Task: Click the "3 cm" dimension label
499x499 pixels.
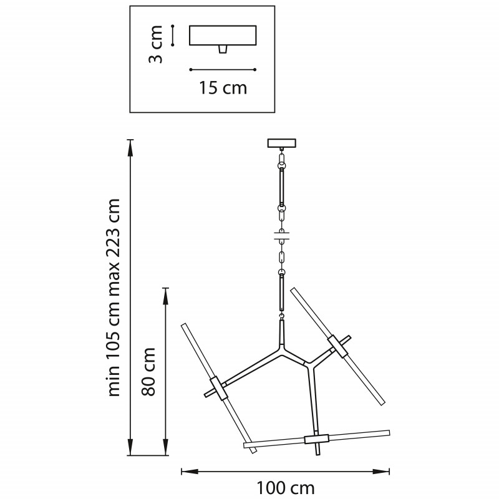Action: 156,44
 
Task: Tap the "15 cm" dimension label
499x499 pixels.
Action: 223,88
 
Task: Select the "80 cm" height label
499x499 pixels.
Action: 148,372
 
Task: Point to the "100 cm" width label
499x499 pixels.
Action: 286,488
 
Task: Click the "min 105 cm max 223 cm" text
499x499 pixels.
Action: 114,298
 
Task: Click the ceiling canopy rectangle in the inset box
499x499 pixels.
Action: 223,36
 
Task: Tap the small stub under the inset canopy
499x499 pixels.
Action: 223,49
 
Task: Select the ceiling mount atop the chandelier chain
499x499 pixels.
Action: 282,143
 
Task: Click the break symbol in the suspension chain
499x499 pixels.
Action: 282,236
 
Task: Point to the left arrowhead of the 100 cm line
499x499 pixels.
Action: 190,472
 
